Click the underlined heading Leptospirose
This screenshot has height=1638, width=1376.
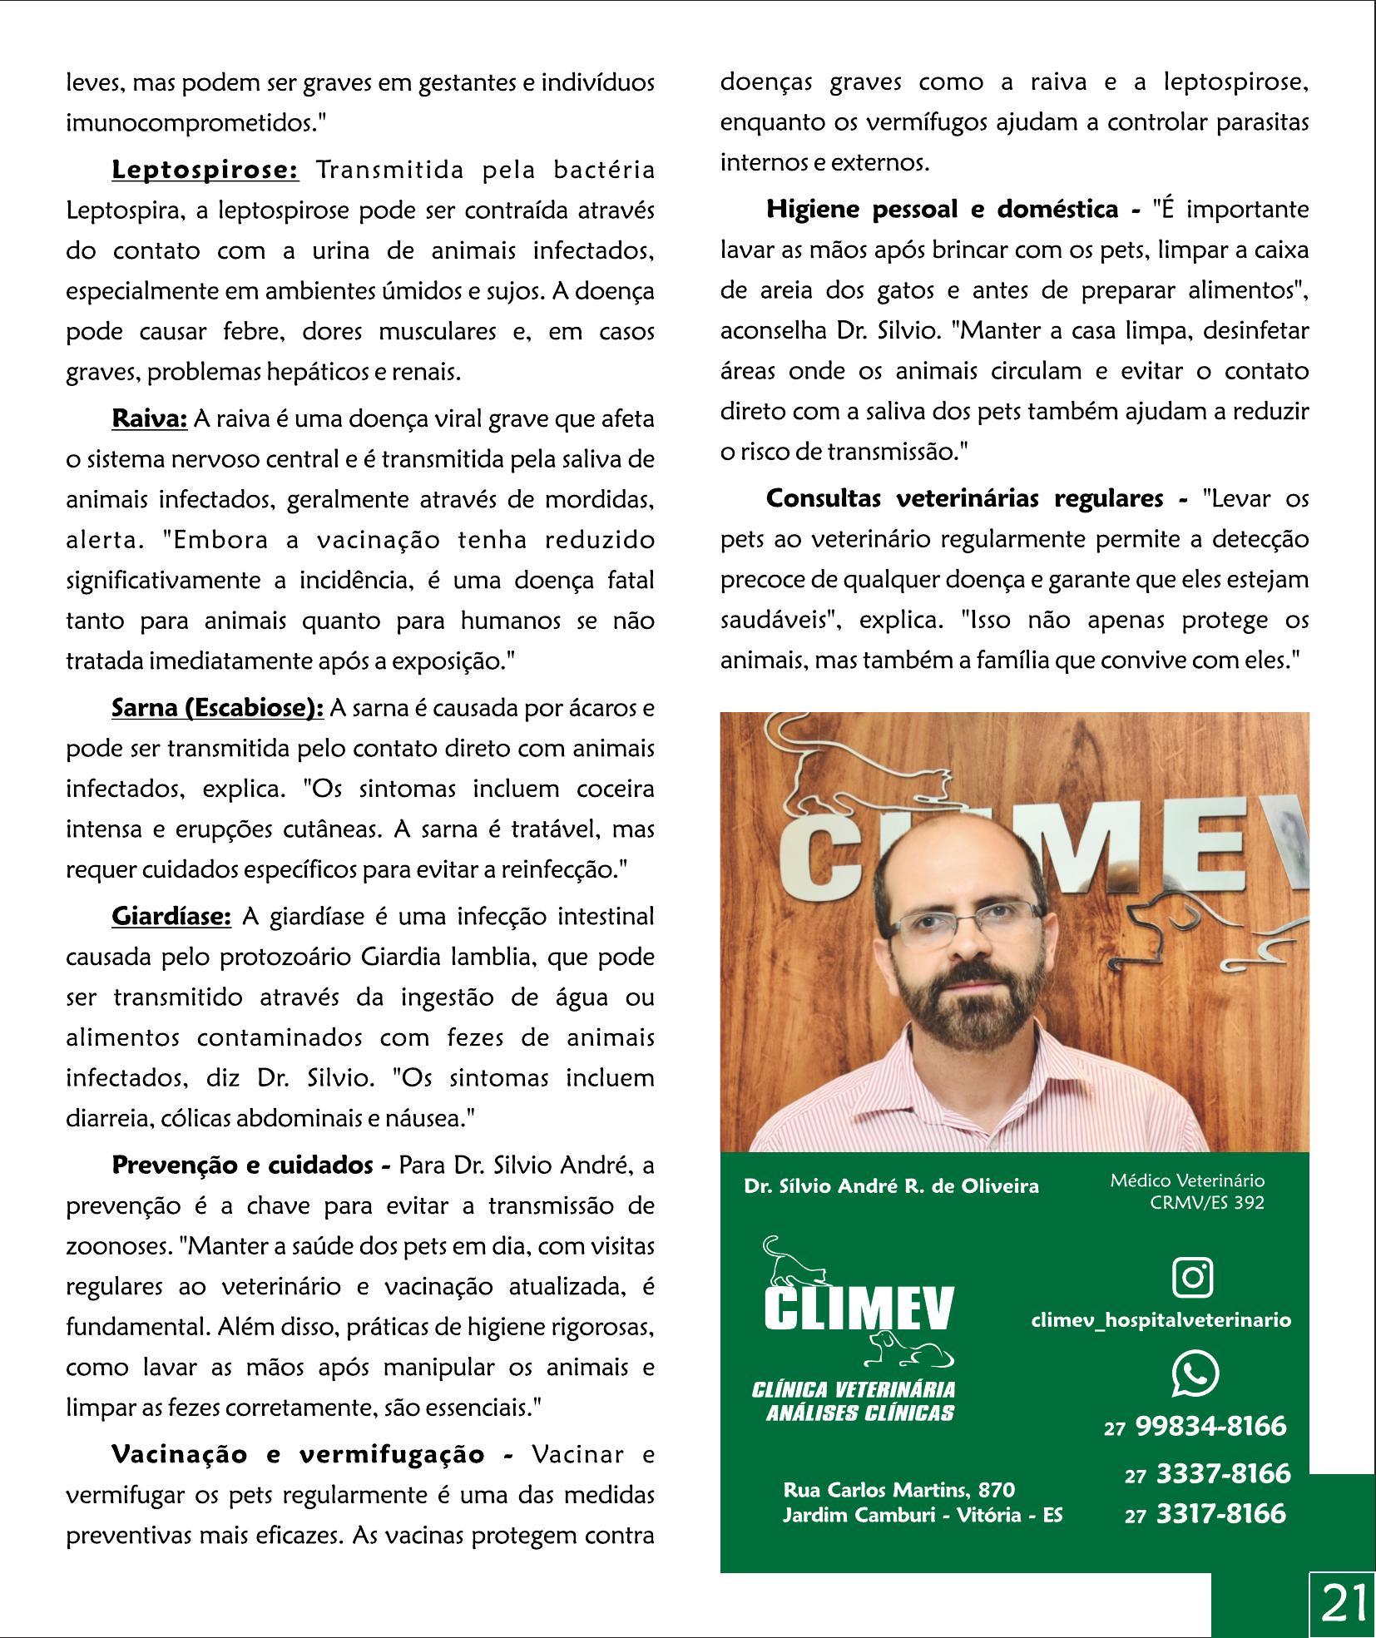point(205,171)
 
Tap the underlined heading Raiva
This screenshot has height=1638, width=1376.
point(150,418)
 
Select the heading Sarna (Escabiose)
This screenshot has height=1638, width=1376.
point(217,708)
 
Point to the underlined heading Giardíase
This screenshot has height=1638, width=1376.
point(171,916)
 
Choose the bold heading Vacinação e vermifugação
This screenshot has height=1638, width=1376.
point(313,1454)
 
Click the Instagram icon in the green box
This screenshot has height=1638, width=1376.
point(1191,1277)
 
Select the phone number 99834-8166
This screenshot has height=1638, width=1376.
point(1210,1426)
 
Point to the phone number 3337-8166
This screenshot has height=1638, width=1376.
point(1223,1473)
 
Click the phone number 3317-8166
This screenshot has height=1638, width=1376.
point(1221,1513)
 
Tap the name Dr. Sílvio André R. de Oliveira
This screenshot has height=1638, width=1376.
point(891,1186)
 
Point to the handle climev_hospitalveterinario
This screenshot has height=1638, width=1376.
point(1161,1319)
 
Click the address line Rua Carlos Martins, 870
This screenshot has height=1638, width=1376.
point(898,1489)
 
